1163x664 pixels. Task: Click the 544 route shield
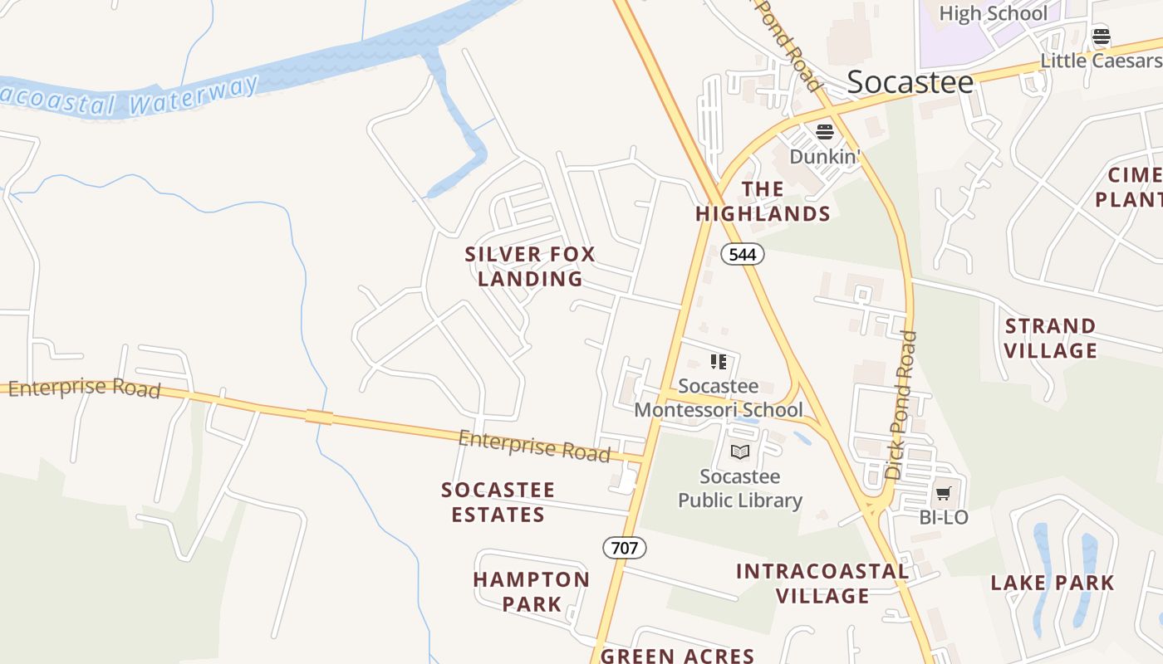click(742, 254)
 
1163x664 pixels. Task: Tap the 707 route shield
click(624, 547)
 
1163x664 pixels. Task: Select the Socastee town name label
click(910, 82)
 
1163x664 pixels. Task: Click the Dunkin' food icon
click(824, 131)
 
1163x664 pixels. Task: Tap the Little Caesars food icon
click(1102, 36)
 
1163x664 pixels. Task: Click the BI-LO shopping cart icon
click(943, 494)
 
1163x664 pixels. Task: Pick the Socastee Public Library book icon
click(739, 452)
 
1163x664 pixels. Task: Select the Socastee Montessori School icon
click(719, 361)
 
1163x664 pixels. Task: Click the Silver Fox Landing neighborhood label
click(530, 266)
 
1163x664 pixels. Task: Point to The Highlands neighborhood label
click(763, 202)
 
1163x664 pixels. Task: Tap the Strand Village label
click(1051, 338)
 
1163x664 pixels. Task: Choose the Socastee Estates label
click(498, 502)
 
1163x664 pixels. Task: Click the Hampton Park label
click(532, 591)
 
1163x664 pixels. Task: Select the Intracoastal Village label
click(822, 583)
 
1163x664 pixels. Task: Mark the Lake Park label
click(1052, 583)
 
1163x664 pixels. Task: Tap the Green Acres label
click(677, 656)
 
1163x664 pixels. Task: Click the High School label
click(993, 13)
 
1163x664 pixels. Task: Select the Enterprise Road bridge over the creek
click(319, 417)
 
